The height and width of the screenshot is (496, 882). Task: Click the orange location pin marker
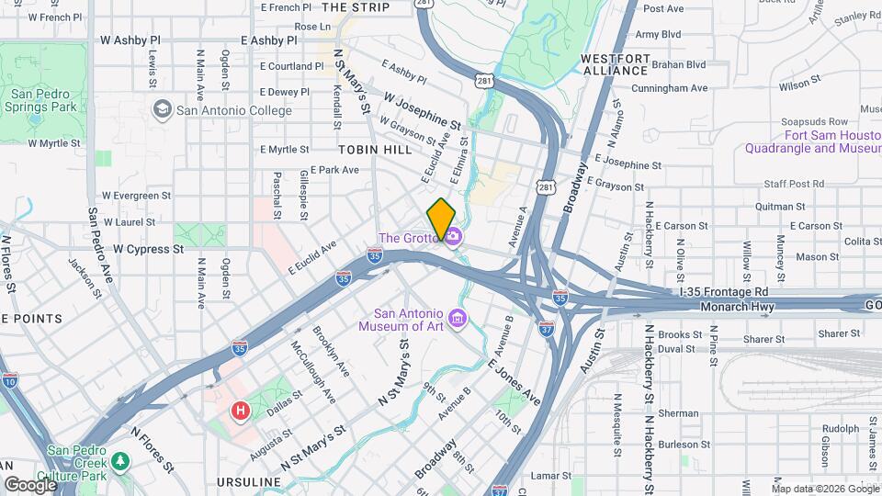point(441,219)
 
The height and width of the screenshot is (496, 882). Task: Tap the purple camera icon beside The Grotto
point(453,238)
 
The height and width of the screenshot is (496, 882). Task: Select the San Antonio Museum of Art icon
point(458,319)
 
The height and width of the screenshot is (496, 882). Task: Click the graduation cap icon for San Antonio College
point(163,110)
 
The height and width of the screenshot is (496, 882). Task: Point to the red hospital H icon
point(241,411)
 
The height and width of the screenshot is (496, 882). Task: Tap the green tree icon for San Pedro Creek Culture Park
point(119,458)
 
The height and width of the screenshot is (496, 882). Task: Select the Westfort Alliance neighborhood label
point(615,64)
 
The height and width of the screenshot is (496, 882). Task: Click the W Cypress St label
point(141,249)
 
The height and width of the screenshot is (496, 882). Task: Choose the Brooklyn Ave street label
point(332,351)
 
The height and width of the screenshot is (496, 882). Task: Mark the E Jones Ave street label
point(514,381)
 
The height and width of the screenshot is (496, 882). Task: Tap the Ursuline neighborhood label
point(248,482)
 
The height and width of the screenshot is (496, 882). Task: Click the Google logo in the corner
point(30,483)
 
